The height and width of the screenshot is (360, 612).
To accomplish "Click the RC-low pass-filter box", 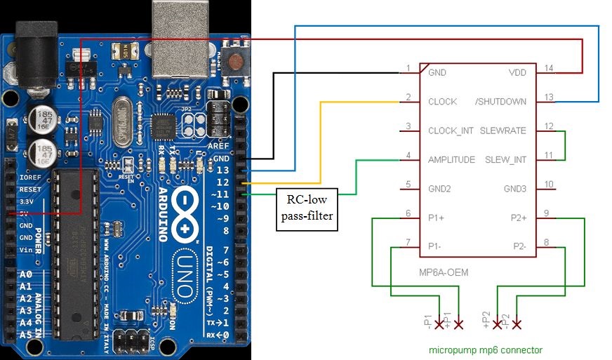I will [x=307, y=208].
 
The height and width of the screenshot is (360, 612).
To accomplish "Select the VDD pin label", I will [x=517, y=72].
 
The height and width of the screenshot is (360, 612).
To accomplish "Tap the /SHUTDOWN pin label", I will [x=500, y=102].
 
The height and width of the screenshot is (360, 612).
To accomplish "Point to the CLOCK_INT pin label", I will [x=451, y=131].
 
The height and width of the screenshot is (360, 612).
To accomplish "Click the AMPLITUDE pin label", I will [x=451, y=159].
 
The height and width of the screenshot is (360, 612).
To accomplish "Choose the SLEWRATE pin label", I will [x=503, y=131].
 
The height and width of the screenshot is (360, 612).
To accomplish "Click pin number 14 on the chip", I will [x=549, y=68].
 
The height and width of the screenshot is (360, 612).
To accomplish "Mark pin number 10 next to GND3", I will [x=549, y=185].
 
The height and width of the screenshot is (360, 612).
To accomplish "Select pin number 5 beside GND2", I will [x=408, y=185].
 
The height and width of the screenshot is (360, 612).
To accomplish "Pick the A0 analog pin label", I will [x=27, y=275].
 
